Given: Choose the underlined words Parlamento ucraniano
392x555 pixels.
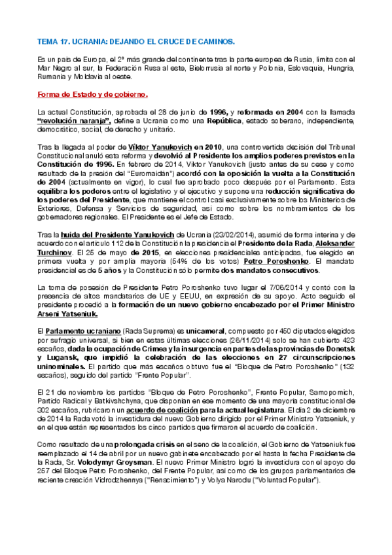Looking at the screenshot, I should coord(83,332).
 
